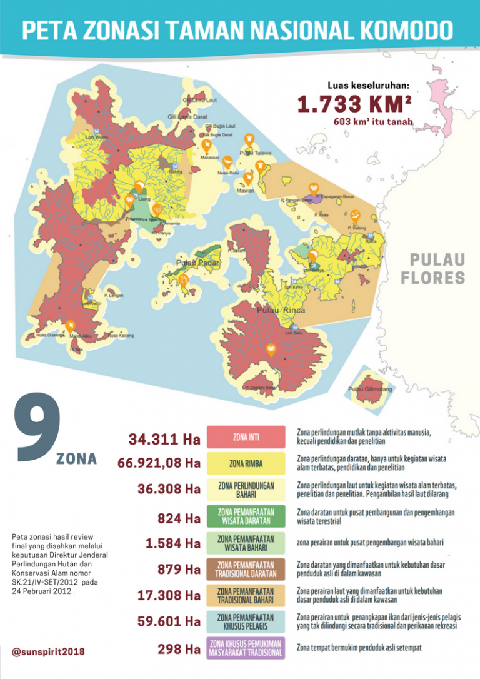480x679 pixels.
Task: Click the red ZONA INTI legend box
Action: [246, 437]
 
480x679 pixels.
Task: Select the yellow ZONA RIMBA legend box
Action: [246, 463]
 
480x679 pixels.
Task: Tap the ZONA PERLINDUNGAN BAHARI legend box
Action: [246, 490]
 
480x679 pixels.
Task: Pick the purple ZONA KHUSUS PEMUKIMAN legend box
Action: [246, 648]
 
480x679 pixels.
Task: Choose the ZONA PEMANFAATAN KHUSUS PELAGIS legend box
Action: [246, 621]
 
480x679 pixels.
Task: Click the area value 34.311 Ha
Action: [165, 440]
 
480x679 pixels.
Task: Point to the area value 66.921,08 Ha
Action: [159, 463]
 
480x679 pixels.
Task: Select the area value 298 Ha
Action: [179, 650]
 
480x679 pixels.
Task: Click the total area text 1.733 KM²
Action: [354, 104]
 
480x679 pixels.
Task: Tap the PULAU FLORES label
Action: [437, 269]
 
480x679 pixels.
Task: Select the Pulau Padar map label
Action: [194, 263]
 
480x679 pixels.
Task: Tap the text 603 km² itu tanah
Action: [373, 122]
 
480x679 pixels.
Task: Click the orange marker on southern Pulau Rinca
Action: [271, 349]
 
